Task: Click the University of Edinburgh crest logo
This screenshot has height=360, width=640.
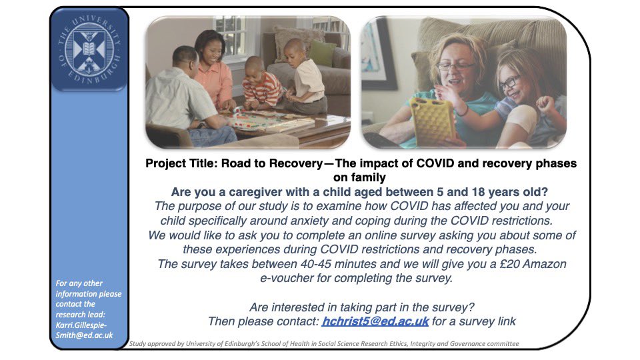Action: coord(89,50)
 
